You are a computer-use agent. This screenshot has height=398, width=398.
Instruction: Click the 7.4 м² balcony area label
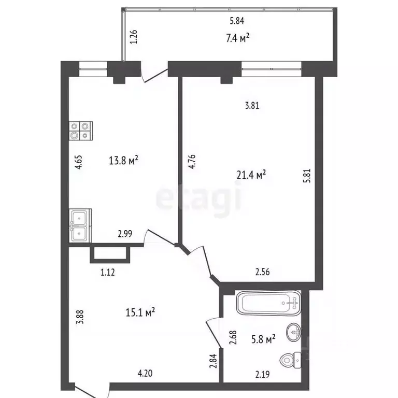click(x=237, y=38)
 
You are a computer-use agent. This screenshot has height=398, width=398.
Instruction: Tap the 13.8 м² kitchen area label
click(x=123, y=160)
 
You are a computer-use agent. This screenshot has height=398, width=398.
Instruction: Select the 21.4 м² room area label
click(x=251, y=175)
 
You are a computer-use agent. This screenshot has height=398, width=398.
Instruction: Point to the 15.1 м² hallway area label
click(x=140, y=312)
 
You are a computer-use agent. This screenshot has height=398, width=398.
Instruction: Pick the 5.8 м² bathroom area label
click(x=263, y=339)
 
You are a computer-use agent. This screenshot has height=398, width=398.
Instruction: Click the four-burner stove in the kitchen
click(x=81, y=131)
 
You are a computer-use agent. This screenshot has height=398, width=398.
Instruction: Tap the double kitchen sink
click(x=80, y=225)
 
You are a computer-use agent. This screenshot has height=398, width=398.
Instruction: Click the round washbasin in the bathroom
click(x=294, y=332)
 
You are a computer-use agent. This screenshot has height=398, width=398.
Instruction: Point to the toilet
click(x=291, y=360)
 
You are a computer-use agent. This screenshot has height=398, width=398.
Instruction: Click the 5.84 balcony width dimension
click(x=237, y=21)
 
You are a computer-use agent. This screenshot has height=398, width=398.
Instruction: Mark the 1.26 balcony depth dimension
click(x=134, y=37)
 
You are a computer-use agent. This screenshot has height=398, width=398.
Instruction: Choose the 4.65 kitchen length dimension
click(x=79, y=162)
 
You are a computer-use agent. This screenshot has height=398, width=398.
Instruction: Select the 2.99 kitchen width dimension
click(x=125, y=234)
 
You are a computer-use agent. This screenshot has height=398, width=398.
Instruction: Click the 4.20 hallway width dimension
click(x=145, y=373)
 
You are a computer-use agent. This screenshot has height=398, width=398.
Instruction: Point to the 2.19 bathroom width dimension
click(x=262, y=374)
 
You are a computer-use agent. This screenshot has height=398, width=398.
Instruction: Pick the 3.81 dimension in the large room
click(x=252, y=105)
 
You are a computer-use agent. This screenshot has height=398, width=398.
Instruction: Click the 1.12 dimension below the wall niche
click(x=108, y=273)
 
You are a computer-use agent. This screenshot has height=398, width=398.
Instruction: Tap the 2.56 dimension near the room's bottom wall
click(x=262, y=272)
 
